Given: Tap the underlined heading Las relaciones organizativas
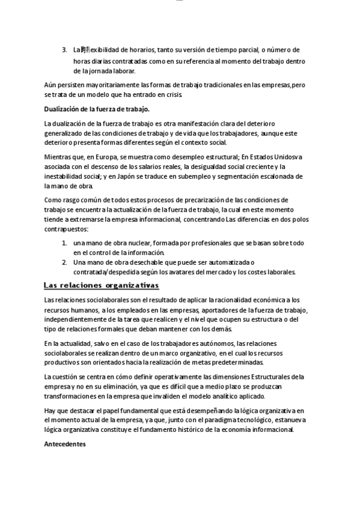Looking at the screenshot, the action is (101, 285).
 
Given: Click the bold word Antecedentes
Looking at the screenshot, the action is (66, 444).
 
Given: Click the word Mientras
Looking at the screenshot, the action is (59, 156).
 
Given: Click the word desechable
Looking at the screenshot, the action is (141, 262).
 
